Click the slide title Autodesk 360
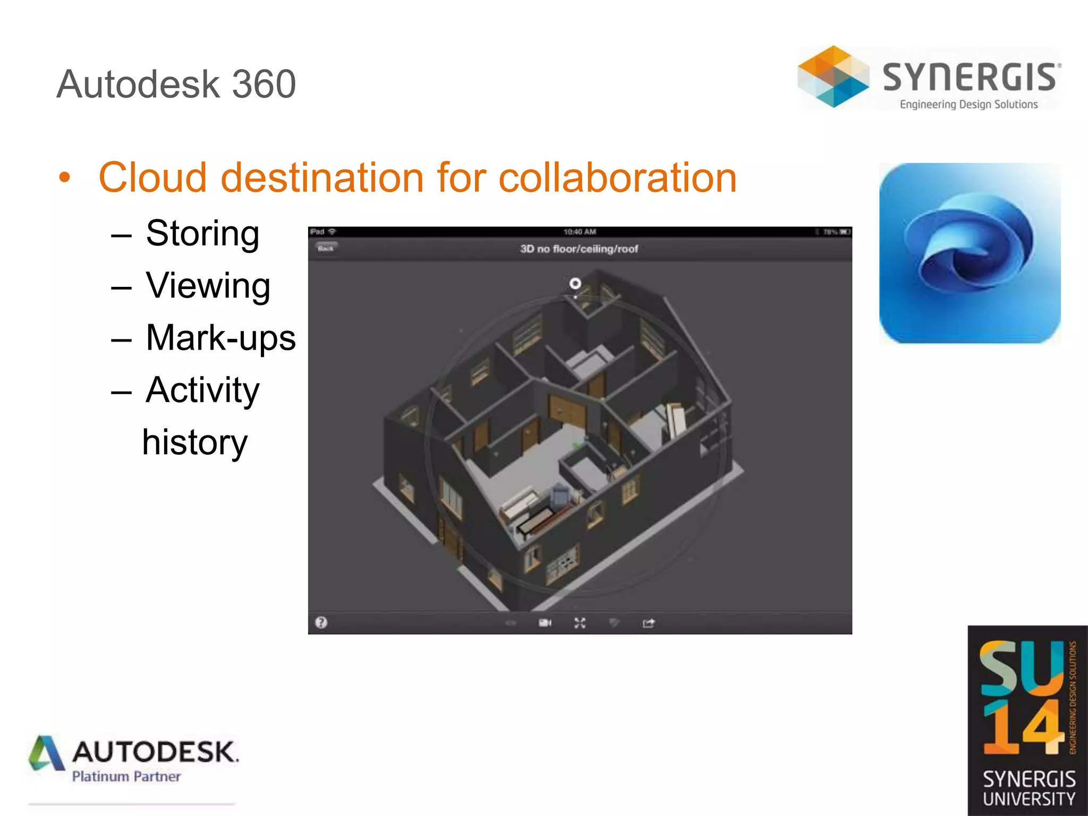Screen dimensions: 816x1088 click(176, 84)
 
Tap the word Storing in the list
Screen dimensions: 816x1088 click(202, 233)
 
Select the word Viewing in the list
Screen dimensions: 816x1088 click(208, 286)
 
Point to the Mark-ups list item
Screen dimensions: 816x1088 click(220, 338)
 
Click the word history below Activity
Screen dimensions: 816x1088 click(194, 442)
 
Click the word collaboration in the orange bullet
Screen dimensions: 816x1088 click(617, 177)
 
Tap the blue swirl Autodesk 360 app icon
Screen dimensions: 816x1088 click(970, 253)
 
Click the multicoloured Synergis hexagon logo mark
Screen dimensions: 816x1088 click(833, 76)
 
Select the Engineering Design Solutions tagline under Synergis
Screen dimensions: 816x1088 click(968, 105)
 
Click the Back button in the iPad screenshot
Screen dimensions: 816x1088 click(326, 248)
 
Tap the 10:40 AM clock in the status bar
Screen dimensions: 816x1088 click(580, 232)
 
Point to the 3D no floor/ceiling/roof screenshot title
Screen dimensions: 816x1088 click(579, 249)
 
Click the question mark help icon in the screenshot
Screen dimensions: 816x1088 click(321, 623)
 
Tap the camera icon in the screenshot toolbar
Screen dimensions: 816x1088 click(545, 623)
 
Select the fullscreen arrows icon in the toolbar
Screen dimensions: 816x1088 click(580, 623)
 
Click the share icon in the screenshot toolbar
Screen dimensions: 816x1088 click(648, 623)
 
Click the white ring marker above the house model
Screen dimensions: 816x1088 click(575, 283)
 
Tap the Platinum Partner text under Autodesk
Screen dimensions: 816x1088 click(126, 777)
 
